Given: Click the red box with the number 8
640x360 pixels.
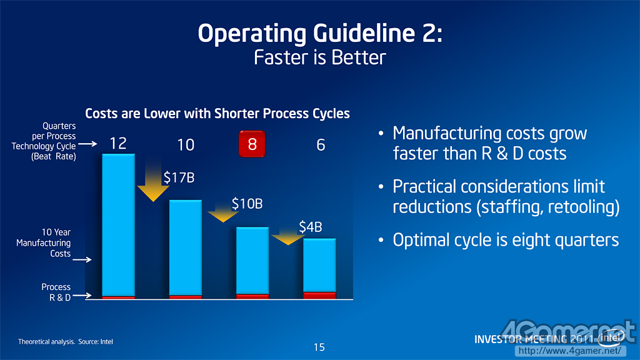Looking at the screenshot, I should pos(252,144).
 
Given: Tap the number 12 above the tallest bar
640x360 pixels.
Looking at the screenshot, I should pos(117,144).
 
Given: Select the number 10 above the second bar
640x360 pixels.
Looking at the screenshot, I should pos(186,145).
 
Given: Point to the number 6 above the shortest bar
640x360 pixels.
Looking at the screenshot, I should pos(321,145).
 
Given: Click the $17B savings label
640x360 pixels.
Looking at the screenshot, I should pos(179,178).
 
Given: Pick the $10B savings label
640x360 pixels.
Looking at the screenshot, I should pos(247,204).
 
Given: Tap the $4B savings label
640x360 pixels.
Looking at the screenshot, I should pos(310,227).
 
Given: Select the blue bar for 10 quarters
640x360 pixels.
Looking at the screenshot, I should pos(186,247).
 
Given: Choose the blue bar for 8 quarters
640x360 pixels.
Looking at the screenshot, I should pos(252,260).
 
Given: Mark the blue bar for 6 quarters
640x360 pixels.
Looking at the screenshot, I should pos(319,265).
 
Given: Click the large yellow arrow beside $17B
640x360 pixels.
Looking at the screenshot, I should pos(152,182).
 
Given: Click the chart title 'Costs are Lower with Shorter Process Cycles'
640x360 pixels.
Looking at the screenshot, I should pos(217,113).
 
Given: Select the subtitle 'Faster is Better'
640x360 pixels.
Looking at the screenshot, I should pos(319,57).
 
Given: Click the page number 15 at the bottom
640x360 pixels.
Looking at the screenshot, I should pos(319,347).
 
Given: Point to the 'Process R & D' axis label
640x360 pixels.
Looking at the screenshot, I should pos(56,292).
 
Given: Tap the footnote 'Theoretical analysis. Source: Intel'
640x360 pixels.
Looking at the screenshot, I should pos(66,342).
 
